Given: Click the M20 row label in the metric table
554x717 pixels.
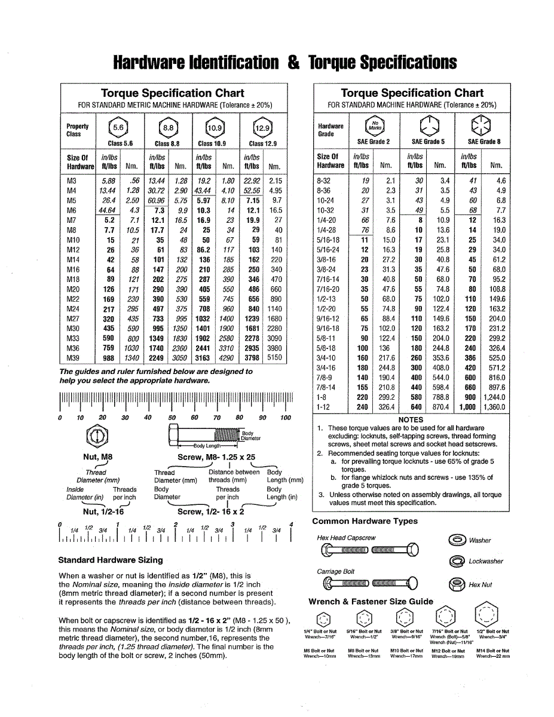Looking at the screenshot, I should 72,289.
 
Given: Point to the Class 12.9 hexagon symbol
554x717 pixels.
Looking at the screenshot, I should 261,128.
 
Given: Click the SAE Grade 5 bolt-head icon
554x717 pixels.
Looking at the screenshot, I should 427,125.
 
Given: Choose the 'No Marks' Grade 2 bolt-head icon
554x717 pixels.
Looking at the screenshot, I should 374,125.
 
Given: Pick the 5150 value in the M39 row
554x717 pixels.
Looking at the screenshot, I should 275,358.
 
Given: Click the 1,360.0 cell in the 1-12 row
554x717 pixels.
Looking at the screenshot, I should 492,407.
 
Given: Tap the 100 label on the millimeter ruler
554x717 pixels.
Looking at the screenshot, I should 285,418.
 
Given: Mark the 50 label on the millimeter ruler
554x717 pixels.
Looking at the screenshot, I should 172,418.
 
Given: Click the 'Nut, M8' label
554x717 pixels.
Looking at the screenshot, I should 97,457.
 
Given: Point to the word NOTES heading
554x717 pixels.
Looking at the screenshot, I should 411,419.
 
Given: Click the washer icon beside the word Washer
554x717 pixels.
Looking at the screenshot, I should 457,540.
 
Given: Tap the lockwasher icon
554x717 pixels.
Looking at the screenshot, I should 457,561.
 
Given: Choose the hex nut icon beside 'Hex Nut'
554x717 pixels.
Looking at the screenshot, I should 457,584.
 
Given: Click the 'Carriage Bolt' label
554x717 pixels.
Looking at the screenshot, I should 335,571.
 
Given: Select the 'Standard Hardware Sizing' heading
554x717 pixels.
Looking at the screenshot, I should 111,560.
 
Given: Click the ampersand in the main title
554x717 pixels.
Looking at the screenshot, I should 293,63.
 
